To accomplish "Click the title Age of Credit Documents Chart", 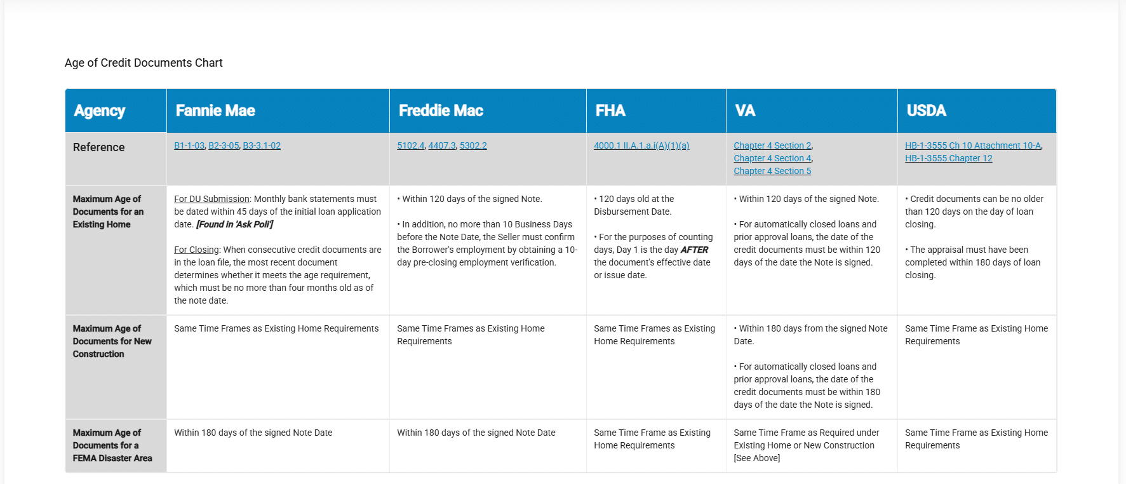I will click(x=144, y=63).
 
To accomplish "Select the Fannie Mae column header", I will click(x=215, y=111).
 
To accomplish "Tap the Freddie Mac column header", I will click(x=441, y=111).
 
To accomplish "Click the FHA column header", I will click(x=610, y=111).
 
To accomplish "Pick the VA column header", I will click(x=745, y=111).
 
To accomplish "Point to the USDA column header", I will click(x=926, y=111).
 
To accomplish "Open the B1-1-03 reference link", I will click(x=189, y=146).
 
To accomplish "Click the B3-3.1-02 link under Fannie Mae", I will click(x=262, y=146).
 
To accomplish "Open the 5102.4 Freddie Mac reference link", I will click(x=410, y=146).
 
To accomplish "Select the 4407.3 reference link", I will click(x=442, y=146).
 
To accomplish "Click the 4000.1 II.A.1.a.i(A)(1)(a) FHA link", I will click(x=641, y=146).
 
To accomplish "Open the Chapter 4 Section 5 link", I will click(x=772, y=171).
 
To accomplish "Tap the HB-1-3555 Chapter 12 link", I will click(x=948, y=159).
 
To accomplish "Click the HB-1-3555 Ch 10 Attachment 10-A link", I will click(x=973, y=146).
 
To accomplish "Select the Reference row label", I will click(x=98, y=147).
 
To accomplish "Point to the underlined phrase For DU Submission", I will click(x=211, y=199).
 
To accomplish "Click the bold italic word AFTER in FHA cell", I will click(x=694, y=250).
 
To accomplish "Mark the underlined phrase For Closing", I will click(x=196, y=250).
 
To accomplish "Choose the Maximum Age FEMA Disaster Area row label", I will click(x=112, y=445).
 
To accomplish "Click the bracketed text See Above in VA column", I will click(x=757, y=459).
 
